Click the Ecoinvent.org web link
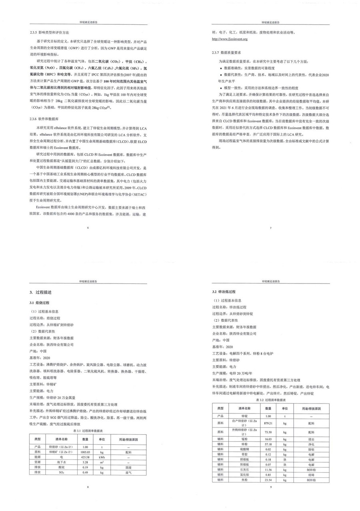pyautogui.click(x=230, y=39)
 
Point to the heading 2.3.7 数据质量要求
pyautogui.click(x=226, y=53)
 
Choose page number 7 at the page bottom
pyautogui.click(x=271, y=228)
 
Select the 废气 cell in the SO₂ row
pyautogui.click(x=128, y=472)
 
